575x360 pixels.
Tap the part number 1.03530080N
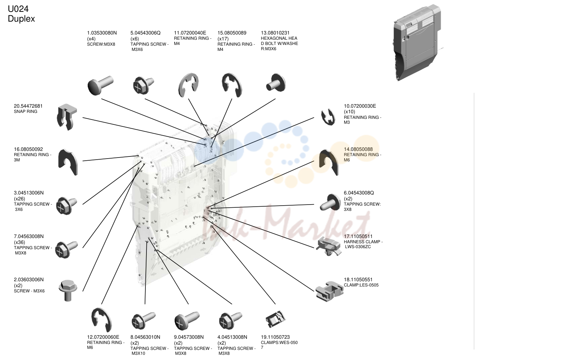pyautogui.click(x=102, y=33)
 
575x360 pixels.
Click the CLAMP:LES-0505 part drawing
pyautogui.click(x=329, y=291)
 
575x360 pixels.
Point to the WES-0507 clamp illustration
pyautogui.click(x=275, y=319)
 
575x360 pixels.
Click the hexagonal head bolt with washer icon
pyautogui.click(x=276, y=83)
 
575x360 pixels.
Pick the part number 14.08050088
pyautogui.click(x=358, y=150)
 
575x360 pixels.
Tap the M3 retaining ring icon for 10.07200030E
pyautogui.click(x=328, y=117)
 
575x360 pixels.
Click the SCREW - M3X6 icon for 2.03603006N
pyautogui.click(x=68, y=290)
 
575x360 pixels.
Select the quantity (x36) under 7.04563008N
pyautogui.click(x=20, y=242)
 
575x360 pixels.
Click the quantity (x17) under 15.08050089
pyautogui.click(x=223, y=39)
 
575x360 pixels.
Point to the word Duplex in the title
pyautogui.click(x=21, y=19)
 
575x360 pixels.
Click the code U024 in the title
pyautogui.click(x=18, y=9)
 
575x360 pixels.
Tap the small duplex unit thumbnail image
pyautogui.click(x=417, y=42)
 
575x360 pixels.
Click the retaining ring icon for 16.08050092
pyautogui.click(x=68, y=162)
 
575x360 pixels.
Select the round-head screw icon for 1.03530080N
pyautogui.click(x=100, y=85)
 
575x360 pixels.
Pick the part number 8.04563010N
pyautogui.click(x=145, y=337)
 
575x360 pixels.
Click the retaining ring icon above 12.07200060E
pyautogui.click(x=101, y=320)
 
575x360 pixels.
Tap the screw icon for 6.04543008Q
pyautogui.click(x=330, y=202)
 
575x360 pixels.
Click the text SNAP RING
pyautogui.click(x=26, y=112)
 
